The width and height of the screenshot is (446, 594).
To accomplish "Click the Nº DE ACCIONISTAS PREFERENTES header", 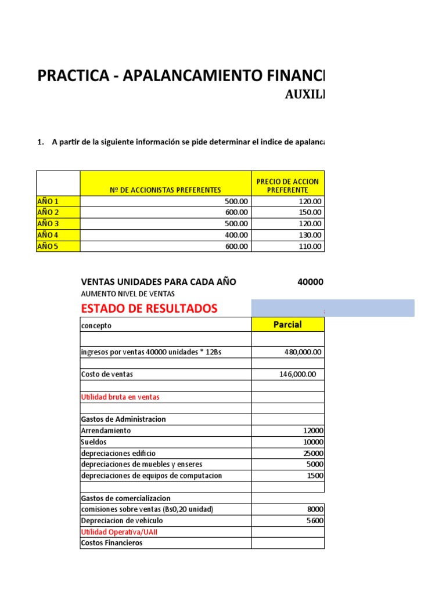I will point(166,190).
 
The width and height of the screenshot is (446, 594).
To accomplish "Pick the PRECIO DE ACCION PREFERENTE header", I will point(287,186).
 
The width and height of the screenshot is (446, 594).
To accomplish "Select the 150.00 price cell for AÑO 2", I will point(310,212).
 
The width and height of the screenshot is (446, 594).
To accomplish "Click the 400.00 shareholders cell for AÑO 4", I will point(236,235).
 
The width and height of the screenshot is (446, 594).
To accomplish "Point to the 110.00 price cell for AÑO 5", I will point(310,246).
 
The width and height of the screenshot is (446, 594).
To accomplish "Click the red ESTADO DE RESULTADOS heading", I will point(149,308).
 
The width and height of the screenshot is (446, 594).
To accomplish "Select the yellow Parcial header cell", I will point(287,325).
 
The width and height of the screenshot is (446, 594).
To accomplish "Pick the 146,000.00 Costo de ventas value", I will point(298,374).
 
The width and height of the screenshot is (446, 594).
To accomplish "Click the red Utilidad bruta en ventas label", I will point(120,397).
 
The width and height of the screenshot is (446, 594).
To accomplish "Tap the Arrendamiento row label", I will point(106,430).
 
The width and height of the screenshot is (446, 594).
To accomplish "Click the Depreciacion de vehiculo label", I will point(122,520).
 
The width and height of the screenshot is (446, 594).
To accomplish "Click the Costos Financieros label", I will point(111,543).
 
